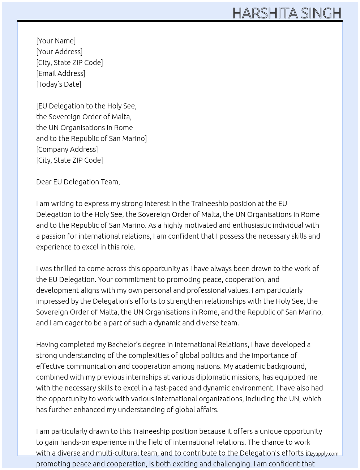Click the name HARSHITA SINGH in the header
pos(287,13)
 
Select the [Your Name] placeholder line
pos(56,41)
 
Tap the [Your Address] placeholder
pos(59,52)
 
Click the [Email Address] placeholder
pos(61,73)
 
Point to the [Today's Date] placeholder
pos(59,84)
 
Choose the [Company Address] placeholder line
pos(67,149)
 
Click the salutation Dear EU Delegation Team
pos(78,182)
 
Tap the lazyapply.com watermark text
pos(323,454)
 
